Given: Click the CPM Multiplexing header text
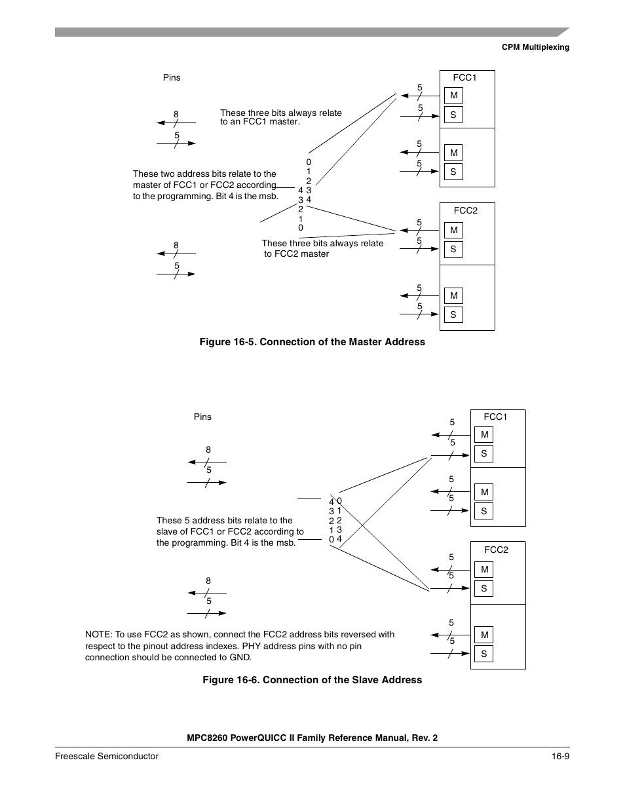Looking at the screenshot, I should coord(535,47).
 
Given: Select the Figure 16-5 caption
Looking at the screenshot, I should coord(312,342).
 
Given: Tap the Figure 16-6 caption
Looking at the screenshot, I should coord(312,680).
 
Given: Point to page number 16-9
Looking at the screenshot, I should coord(560,756).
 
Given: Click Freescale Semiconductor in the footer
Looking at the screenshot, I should coord(107,756).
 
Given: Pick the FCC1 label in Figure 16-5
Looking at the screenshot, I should coord(464,77).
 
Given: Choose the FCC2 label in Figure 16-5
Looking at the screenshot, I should coord(465,210).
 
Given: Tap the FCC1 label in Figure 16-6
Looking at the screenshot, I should coord(495,417).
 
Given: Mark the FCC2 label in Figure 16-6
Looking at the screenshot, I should coord(496,550).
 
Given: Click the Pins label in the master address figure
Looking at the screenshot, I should coord(172,77).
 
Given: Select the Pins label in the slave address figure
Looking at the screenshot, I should coord(202,417).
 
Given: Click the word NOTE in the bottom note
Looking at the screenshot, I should coord(98,634).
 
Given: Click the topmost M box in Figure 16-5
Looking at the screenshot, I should coord(453,96).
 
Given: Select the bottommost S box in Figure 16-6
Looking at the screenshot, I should coord(483,654).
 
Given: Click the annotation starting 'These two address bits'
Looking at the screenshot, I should coord(205,185).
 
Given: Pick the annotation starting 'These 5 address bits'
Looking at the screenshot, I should coord(230,531).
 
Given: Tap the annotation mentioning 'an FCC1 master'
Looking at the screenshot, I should coord(280,117).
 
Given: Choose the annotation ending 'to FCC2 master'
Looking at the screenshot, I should coord(322,248).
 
